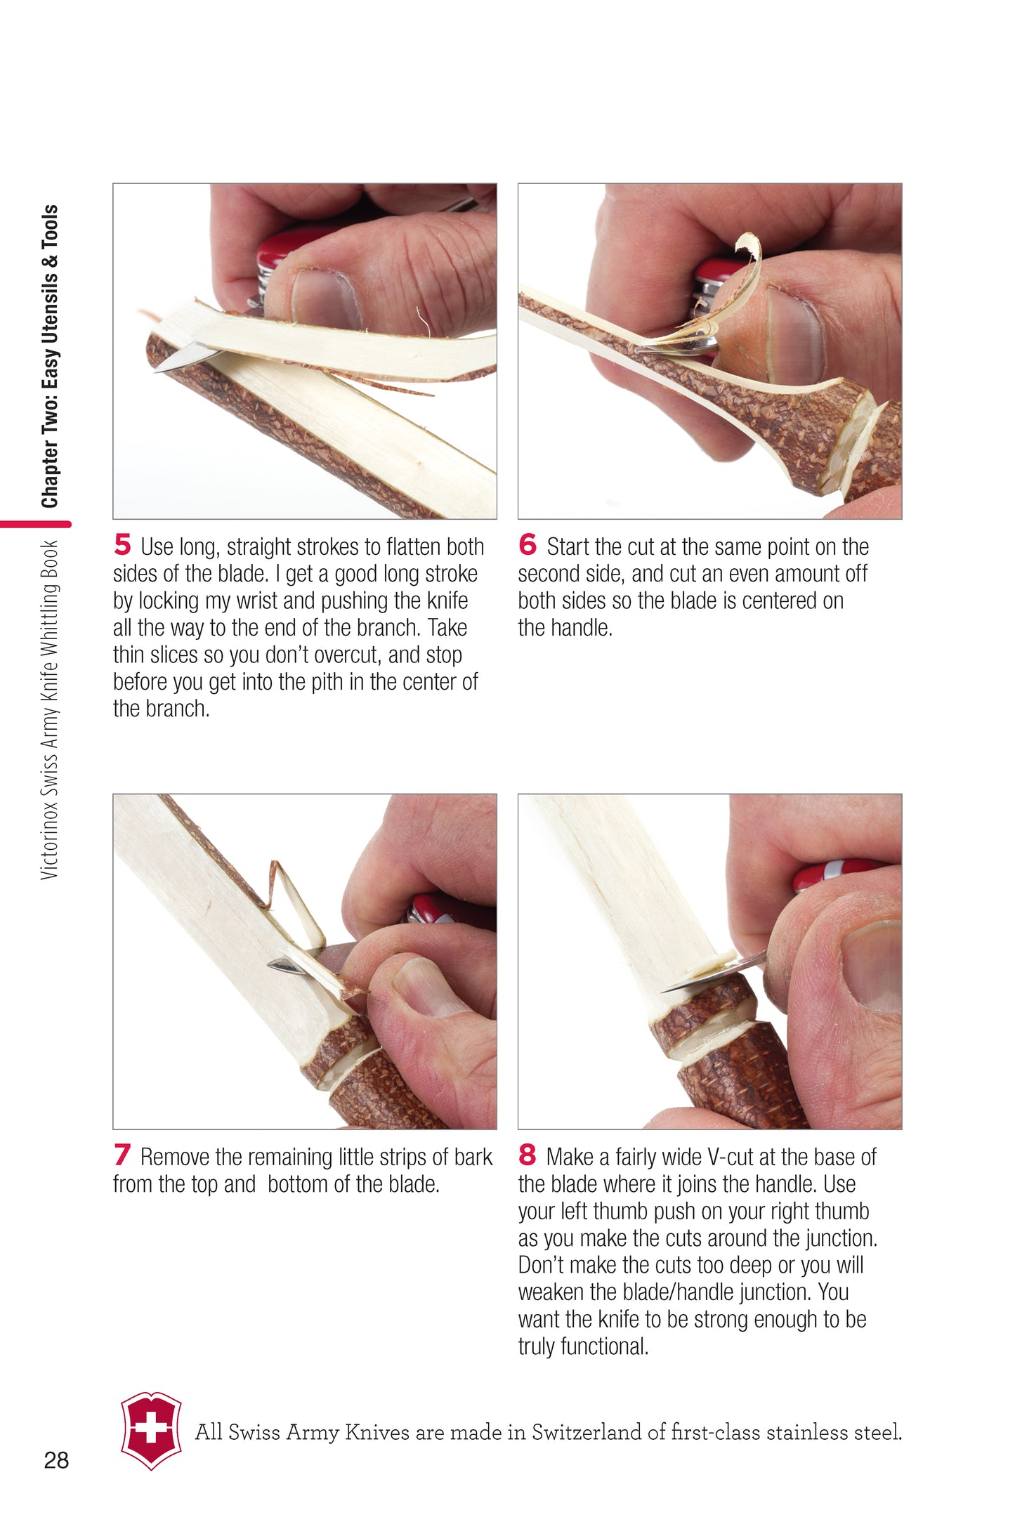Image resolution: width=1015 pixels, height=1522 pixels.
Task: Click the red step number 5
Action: [x=122, y=544]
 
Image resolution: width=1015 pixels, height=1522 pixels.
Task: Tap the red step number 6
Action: [x=528, y=544]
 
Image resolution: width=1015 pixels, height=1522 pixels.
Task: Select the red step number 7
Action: [x=122, y=1155]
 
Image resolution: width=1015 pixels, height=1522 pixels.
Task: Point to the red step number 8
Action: [x=528, y=1155]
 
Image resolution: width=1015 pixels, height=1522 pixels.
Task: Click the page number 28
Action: [x=56, y=1460]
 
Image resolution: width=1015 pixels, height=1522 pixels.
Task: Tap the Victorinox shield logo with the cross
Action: [x=151, y=1431]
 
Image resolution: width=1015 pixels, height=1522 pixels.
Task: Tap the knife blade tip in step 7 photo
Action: [x=269, y=964]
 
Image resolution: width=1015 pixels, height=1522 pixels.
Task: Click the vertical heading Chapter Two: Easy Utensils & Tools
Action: [x=50, y=356]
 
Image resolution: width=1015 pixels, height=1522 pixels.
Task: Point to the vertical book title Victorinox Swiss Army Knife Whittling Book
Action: [x=49, y=709]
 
